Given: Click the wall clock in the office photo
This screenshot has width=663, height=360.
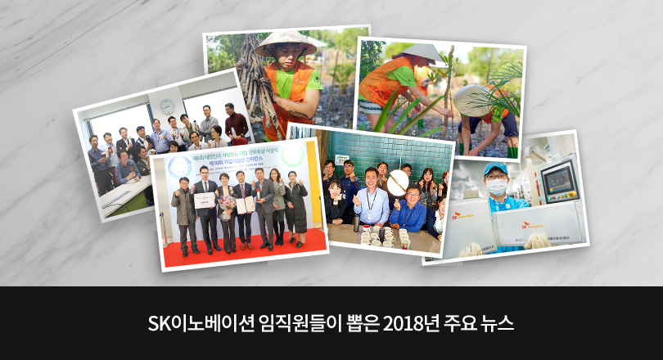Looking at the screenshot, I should (x=167, y=106).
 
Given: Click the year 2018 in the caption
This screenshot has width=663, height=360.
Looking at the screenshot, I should (x=406, y=322).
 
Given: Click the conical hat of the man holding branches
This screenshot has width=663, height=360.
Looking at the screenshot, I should (x=284, y=43).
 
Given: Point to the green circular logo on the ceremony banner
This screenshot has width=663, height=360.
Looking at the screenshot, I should (x=293, y=155).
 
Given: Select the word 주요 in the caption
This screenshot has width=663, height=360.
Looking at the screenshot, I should (x=456, y=322).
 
